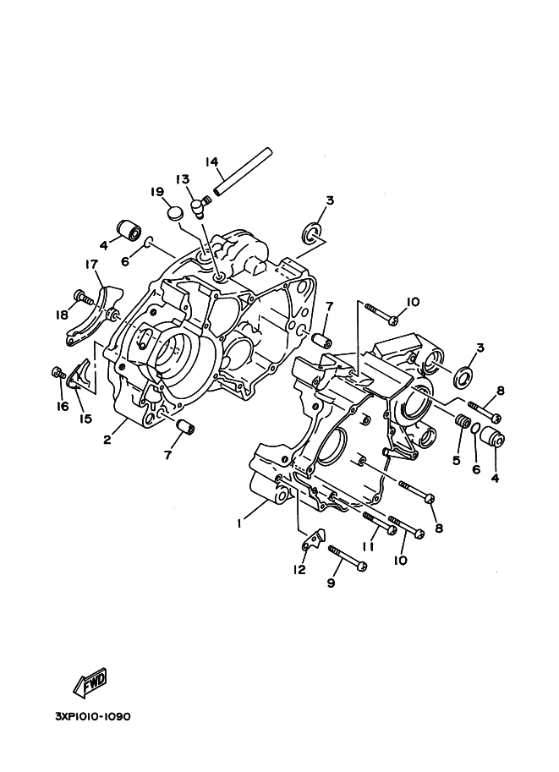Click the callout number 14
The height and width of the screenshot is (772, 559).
tap(211, 162)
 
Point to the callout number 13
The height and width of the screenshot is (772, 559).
tap(183, 179)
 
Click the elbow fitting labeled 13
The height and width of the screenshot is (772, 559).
tap(200, 204)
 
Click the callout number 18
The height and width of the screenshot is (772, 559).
tap(62, 315)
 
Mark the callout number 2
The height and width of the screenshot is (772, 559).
tap(108, 438)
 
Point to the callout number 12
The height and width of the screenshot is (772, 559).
tap(298, 570)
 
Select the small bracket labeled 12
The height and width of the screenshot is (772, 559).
tap(316, 539)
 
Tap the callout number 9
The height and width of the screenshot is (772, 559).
tap(331, 583)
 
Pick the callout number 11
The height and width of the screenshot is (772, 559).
tap(368, 546)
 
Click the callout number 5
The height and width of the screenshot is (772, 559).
tap(457, 461)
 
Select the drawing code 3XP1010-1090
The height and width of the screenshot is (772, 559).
tap(93, 716)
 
